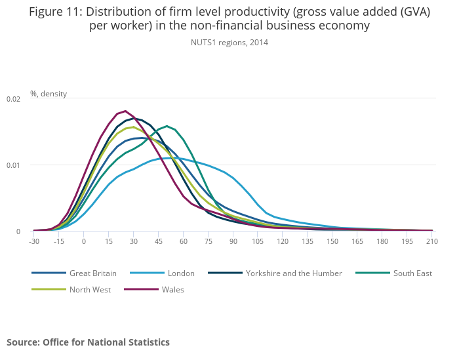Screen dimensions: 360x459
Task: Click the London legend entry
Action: click(181, 273)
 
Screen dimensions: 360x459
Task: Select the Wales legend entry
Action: click(172, 289)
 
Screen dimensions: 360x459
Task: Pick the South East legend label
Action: click(412, 273)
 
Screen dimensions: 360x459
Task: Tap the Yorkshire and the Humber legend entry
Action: click(294, 273)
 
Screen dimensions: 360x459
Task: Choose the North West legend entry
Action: click(90, 289)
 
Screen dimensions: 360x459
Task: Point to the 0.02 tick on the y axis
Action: click(14, 99)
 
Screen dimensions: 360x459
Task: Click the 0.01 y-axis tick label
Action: click(14, 165)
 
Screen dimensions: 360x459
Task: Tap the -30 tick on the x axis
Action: click(34, 241)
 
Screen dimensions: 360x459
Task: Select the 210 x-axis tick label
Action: click(432, 241)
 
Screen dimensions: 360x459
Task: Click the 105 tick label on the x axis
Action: click(258, 241)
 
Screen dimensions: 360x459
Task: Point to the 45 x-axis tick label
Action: click(158, 241)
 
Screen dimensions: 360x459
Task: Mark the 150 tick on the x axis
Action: click(332, 241)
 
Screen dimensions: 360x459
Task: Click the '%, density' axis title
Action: click(49, 94)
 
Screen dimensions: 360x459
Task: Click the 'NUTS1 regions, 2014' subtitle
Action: click(229, 43)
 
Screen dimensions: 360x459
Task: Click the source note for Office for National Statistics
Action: click(88, 342)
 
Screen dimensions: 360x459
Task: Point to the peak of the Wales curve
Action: click(125, 111)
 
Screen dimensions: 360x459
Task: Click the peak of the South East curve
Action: click(167, 126)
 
